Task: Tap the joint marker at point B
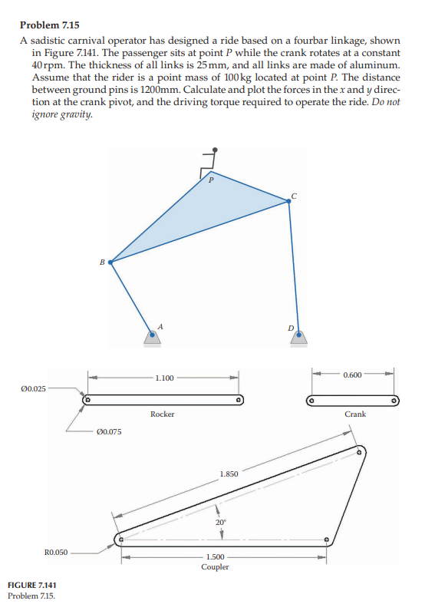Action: coord(112,262)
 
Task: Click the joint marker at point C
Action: coord(288,202)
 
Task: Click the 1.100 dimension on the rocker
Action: coord(164,378)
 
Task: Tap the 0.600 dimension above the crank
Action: coord(353,374)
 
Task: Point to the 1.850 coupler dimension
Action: coord(229,474)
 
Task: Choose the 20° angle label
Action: coord(221,522)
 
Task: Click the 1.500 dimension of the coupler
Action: coord(216,557)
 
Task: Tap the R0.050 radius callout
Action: coord(56,552)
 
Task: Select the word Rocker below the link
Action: coord(163,414)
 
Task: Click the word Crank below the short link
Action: coord(355,414)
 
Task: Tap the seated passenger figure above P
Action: coord(210,160)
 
